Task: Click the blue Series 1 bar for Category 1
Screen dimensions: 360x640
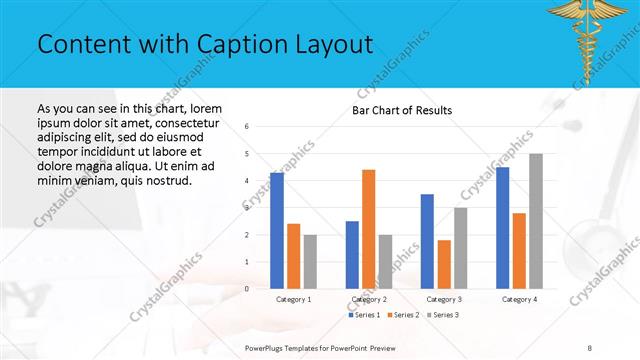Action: tap(277, 230)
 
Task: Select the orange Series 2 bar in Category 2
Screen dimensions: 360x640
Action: tap(368, 229)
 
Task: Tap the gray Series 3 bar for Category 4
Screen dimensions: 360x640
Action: tap(536, 221)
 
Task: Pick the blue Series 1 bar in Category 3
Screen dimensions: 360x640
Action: tap(427, 241)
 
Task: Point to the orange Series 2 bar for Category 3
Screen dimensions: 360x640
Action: tap(444, 264)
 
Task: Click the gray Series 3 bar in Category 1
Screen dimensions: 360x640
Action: tap(310, 261)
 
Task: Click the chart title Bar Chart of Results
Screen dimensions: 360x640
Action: tap(402, 110)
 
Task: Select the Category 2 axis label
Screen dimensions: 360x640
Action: tap(369, 299)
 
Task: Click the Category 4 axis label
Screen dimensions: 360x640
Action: tap(519, 299)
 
